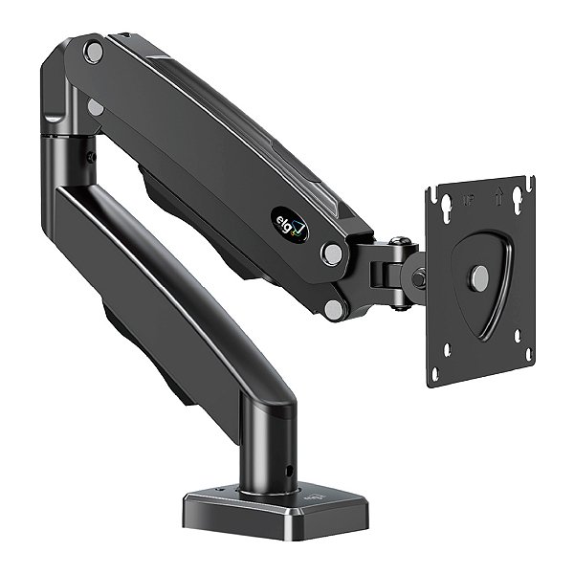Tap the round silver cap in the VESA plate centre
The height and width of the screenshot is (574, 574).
(x=479, y=277)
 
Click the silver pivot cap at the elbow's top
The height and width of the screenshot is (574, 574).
(x=93, y=52)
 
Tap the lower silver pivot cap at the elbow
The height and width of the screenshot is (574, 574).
(x=96, y=107)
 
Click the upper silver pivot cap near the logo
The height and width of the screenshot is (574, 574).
(x=331, y=254)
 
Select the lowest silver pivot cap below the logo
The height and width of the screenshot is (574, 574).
(x=332, y=308)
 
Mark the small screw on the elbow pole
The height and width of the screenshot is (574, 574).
(x=91, y=156)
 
